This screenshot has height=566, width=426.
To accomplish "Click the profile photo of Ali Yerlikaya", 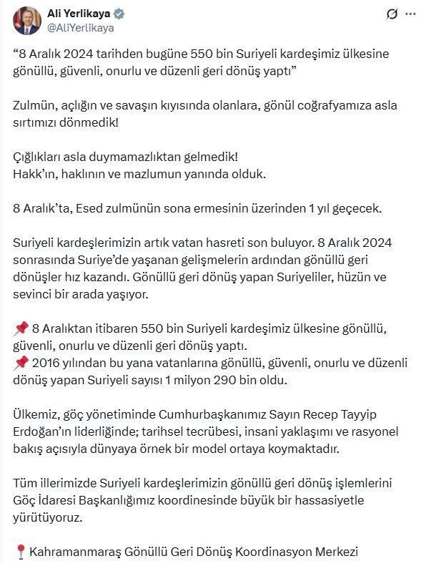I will (26, 20).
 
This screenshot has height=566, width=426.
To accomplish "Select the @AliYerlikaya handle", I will (80, 28).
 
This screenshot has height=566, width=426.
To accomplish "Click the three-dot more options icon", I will (410, 14).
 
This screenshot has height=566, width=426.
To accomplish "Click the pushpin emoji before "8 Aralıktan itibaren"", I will (20, 328).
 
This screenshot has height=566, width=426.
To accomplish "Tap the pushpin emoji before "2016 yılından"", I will (20, 363).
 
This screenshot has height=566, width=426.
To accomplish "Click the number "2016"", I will (46, 363).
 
